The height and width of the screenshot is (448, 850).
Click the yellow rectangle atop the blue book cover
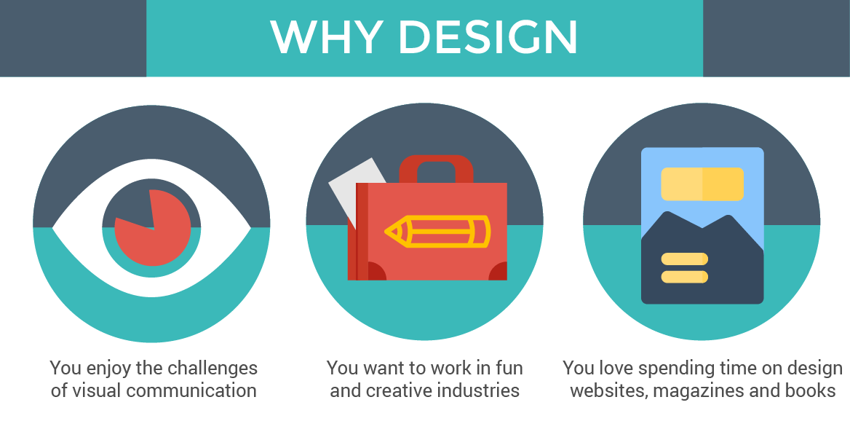pos(702,184)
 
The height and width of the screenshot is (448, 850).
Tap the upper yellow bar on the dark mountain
pos(684,259)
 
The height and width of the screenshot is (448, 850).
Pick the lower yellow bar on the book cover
pos(684,277)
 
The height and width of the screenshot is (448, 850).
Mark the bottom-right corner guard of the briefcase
pos(499,272)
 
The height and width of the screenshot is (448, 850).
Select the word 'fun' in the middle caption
pos(509,367)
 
